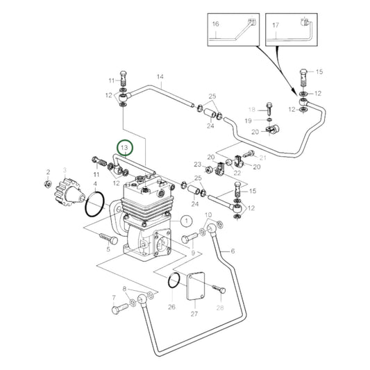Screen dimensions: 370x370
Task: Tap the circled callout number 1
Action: [x=185, y=221]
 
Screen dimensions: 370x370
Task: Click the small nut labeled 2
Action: [x=48, y=185]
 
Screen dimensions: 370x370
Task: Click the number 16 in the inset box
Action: [x=215, y=24]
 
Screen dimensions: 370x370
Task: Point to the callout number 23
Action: [x=198, y=165]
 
